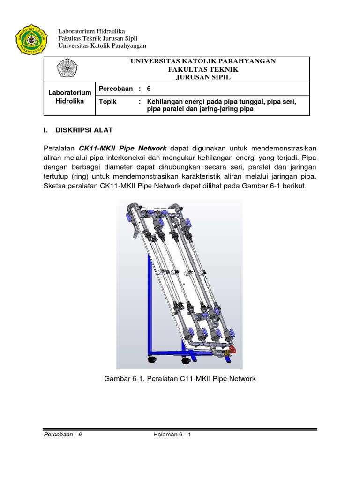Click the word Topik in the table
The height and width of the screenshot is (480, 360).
[x=108, y=101]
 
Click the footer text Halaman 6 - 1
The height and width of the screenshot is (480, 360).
[x=172, y=434]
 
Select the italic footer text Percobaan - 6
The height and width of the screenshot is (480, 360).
[x=62, y=434]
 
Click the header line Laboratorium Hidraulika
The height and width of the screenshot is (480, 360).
[x=91, y=31]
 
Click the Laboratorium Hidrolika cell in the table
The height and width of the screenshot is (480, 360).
[x=69, y=97]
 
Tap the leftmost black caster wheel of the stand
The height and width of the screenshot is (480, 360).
[x=151, y=360]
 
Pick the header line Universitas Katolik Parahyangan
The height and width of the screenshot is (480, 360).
[x=102, y=45]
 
